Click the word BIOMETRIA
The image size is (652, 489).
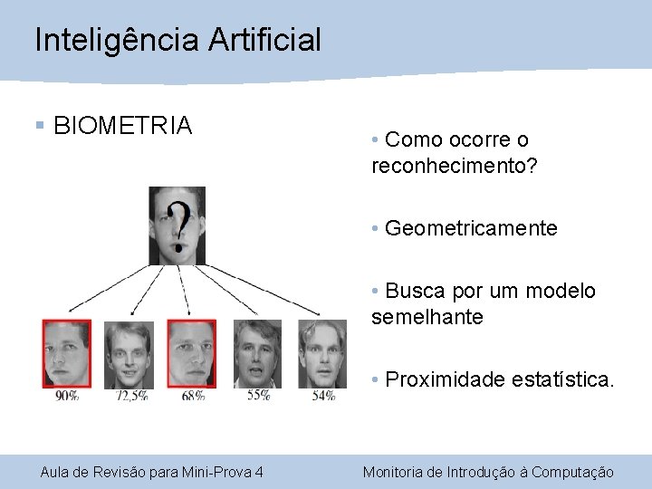(x=123, y=125)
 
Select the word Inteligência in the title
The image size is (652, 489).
(x=117, y=39)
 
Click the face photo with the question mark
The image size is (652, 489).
(x=177, y=225)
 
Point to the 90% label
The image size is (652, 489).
(x=67, y=395)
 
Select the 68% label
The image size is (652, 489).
(x=192, y=395)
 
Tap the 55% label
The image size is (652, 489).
(x=258, y=394)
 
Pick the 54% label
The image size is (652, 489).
(x=323, y=395)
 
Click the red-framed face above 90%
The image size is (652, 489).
(x=67, y=353)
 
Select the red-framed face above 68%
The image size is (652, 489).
(x=191, y=353)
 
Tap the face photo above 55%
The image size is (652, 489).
(x=257, y=353)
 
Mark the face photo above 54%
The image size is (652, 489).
(x=322, y=353)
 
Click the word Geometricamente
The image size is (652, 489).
(x=471, y=228)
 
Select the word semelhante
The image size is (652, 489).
(x=427, y=317)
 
